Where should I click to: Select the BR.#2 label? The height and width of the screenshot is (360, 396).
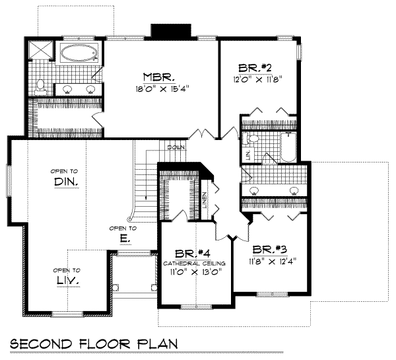[x=253, y=67]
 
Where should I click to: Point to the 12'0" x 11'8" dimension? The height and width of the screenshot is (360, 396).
[x=253, y=79]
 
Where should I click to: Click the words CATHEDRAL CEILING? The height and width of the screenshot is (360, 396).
[x=195, y=263]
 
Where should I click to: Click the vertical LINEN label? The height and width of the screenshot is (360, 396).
[x=205, y=199]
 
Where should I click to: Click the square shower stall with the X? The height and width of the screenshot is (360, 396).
[x=42, y=51]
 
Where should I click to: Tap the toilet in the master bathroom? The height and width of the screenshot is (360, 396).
[x=40, y=85]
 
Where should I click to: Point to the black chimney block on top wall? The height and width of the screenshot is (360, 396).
[x=171, y=32]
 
